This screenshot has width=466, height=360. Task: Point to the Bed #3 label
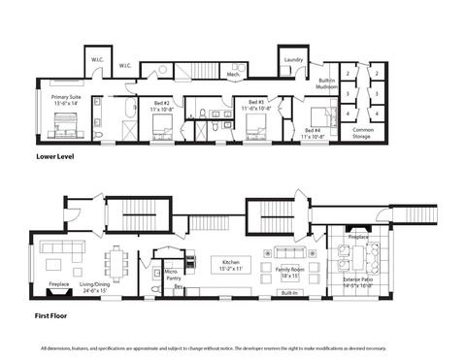(x=256, y=105)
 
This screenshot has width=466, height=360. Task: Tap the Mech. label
(x=234, y=74)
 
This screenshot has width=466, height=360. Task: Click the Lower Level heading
(x=54, y=155)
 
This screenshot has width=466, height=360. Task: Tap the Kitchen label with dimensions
(x=231, y=264)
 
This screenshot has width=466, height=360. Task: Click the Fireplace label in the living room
(x=59, y=284)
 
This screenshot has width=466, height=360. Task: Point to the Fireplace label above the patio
(x=358, y=236)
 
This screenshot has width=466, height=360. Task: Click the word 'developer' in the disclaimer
(x=308, y=347)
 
